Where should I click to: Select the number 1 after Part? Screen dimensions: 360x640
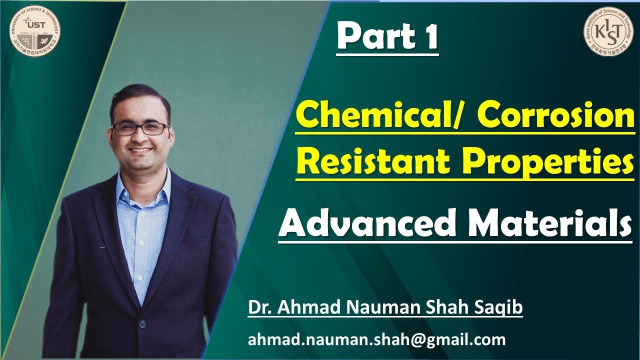[x=429, y=37]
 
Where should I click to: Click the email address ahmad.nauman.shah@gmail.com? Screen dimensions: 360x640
[x=376, y=340]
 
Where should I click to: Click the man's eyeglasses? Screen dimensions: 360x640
[x=140, y=128]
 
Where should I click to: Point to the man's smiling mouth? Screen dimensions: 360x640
[x=141, y=149]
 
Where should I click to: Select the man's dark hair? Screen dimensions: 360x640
[x=138, y=98]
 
